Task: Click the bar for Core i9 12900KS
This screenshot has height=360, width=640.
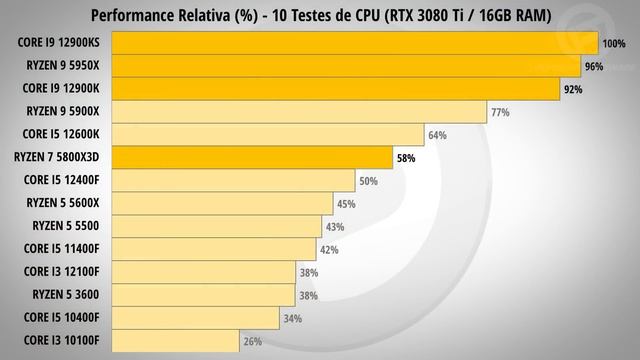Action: point(354,43)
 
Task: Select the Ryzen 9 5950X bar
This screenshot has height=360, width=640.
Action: point(346,66)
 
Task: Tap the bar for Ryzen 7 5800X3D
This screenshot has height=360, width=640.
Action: point(251,158)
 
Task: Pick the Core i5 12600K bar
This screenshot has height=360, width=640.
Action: point(267,135)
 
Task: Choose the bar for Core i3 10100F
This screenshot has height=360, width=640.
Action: point(175,342)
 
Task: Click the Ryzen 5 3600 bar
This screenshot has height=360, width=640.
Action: point(203,296)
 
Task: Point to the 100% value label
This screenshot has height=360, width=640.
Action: point(612,44)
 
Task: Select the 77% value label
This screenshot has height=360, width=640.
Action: point(500,112)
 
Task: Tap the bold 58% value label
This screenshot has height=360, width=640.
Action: point(405,158)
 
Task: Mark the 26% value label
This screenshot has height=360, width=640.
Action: point(253,342)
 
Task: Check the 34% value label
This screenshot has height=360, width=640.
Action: point(293,319)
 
